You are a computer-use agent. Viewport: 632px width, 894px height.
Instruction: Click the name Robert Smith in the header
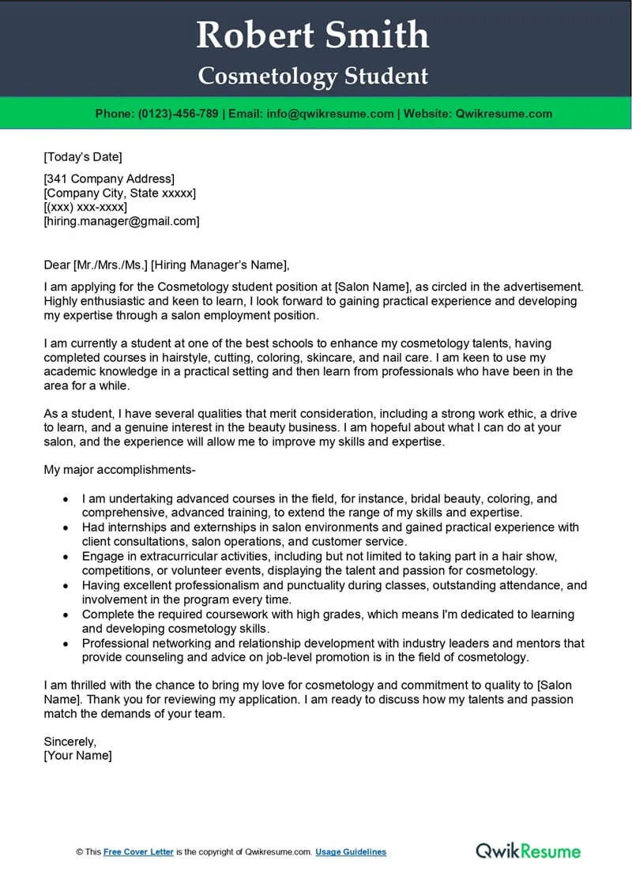pos(313,36)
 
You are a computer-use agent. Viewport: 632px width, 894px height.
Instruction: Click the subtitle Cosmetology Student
pos(313,77)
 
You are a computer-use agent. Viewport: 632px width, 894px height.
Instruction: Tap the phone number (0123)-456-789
pos(178,114)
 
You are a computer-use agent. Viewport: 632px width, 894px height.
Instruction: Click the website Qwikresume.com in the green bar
pos(502,114)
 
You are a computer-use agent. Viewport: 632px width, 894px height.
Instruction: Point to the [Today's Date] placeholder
pos(83,156)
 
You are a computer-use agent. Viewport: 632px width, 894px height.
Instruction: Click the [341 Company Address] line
pos(109,179)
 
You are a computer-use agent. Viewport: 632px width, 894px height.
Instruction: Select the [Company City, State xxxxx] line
pos(120,193)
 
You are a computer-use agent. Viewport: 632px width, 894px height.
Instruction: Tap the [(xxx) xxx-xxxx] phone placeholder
pos(85,208)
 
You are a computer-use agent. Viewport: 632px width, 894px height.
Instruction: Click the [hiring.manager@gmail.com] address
pos(122,222)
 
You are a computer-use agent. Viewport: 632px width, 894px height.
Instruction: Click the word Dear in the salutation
pos(57,265)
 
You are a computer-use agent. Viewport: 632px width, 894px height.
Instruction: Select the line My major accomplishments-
pos(119,471)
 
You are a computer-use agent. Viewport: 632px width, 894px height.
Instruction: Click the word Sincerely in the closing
pos(70,742)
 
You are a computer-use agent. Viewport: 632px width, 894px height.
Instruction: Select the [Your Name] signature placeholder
pos(77,756)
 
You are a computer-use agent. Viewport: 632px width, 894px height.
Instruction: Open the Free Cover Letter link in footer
pos(138,852)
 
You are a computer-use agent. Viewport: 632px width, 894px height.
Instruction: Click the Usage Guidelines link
pos(351,852)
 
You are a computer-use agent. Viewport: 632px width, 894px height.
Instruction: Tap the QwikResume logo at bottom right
pos(528,851)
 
